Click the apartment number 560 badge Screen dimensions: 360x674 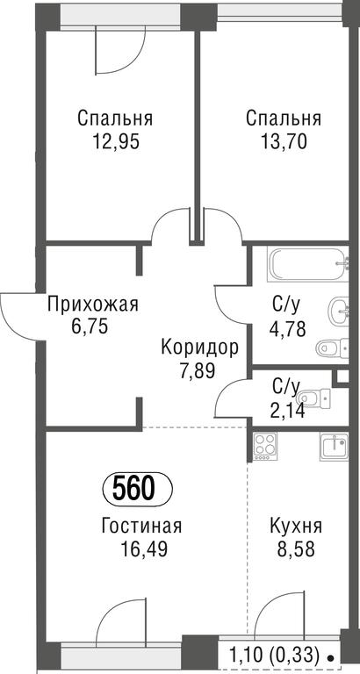point(138,489)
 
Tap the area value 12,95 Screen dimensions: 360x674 point(116,141)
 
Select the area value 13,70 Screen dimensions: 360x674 point(284,141)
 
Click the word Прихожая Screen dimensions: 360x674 point(93,305)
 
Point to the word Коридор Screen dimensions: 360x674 point(199,348)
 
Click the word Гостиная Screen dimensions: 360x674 point(142,527)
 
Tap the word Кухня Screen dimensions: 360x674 point(296,527)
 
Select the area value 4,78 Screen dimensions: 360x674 point(287,330)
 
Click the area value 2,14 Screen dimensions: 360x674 point(287,411)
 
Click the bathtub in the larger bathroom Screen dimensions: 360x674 point(307,264)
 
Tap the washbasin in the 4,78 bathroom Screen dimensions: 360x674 point(339,312)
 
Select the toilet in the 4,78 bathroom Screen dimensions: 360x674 point(332,348)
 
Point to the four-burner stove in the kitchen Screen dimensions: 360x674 point(265,446)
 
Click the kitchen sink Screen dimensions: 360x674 point(334,447)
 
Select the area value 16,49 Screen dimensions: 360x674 point(144,549)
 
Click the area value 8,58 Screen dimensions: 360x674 point(297,549)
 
